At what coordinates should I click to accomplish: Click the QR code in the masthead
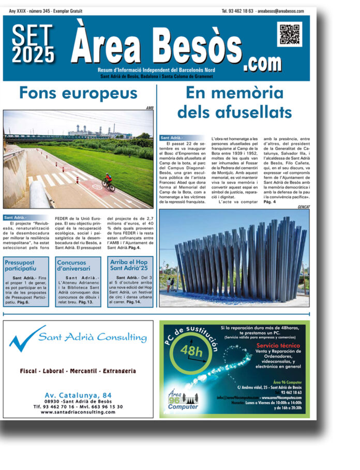tap(289, 35)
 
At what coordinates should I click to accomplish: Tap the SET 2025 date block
tap(33, 45)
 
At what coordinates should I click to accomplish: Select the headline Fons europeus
tap(78, 93)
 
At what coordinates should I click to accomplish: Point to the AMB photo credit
tap(149, 108)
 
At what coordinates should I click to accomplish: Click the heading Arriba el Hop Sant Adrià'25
tap(130, 266)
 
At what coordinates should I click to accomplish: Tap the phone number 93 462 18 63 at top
tap(237, 11)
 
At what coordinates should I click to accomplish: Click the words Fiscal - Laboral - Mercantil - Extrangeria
tap(78, 371)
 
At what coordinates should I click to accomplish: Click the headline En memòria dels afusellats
tap(234, 102)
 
